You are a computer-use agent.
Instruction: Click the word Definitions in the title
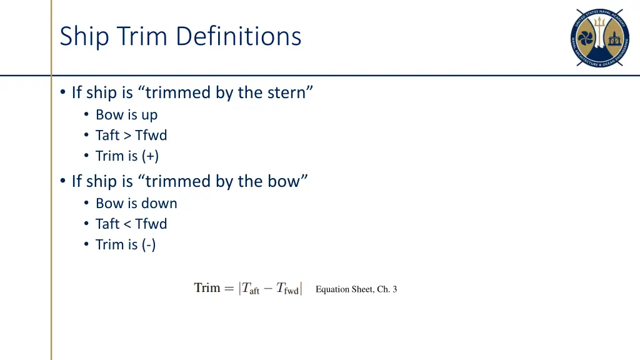(x=239, y=36)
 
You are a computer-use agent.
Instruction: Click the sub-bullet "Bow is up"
(x=126, y=115)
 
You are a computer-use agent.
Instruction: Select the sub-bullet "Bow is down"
(x=136, y=204)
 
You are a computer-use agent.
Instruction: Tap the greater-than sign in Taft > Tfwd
(x=127, y=136)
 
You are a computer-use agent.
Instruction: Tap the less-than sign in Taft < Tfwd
(x=127, y=224)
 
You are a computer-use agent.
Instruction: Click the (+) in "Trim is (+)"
(x=150, y=156)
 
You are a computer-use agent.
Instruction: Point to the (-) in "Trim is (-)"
(x=149, y=245)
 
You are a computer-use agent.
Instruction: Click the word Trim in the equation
(x=207, y=288)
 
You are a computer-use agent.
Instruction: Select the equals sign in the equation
(x=228, y=289)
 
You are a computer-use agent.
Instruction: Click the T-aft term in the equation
(x=251, y=289)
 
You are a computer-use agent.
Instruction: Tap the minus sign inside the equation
(x=268, y=289)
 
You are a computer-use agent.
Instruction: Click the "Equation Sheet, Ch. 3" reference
(x=356, y=289)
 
